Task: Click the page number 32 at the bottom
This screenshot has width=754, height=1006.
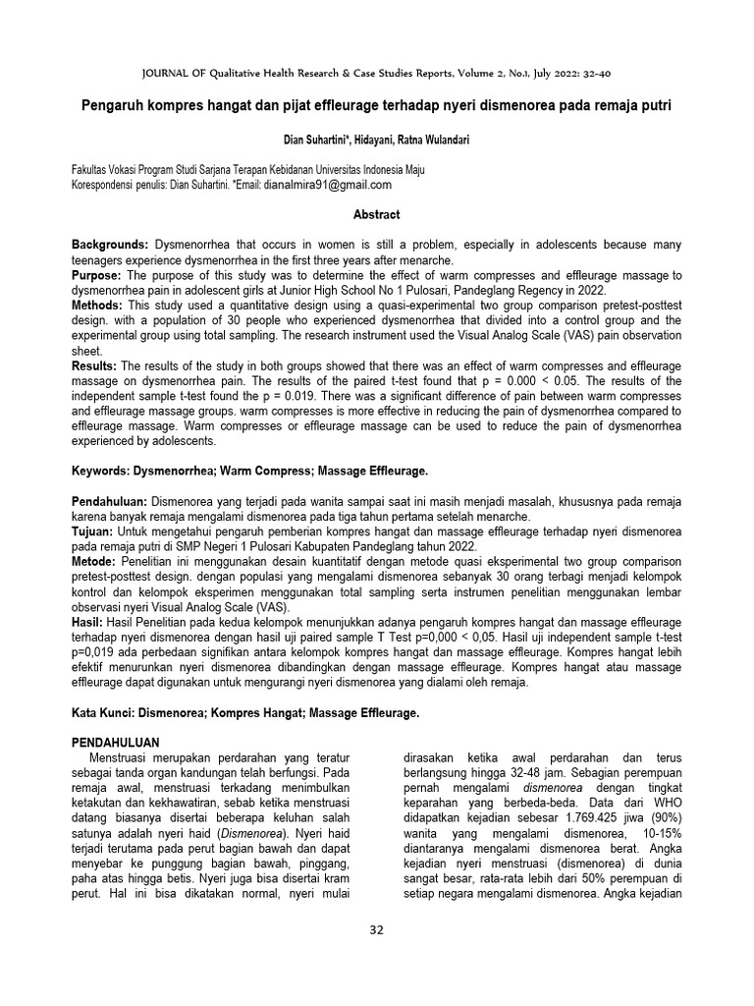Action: tap(376, 931)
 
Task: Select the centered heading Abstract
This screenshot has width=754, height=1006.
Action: tap(377, 214)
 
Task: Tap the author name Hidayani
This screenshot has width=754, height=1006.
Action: tap(360, 140)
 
